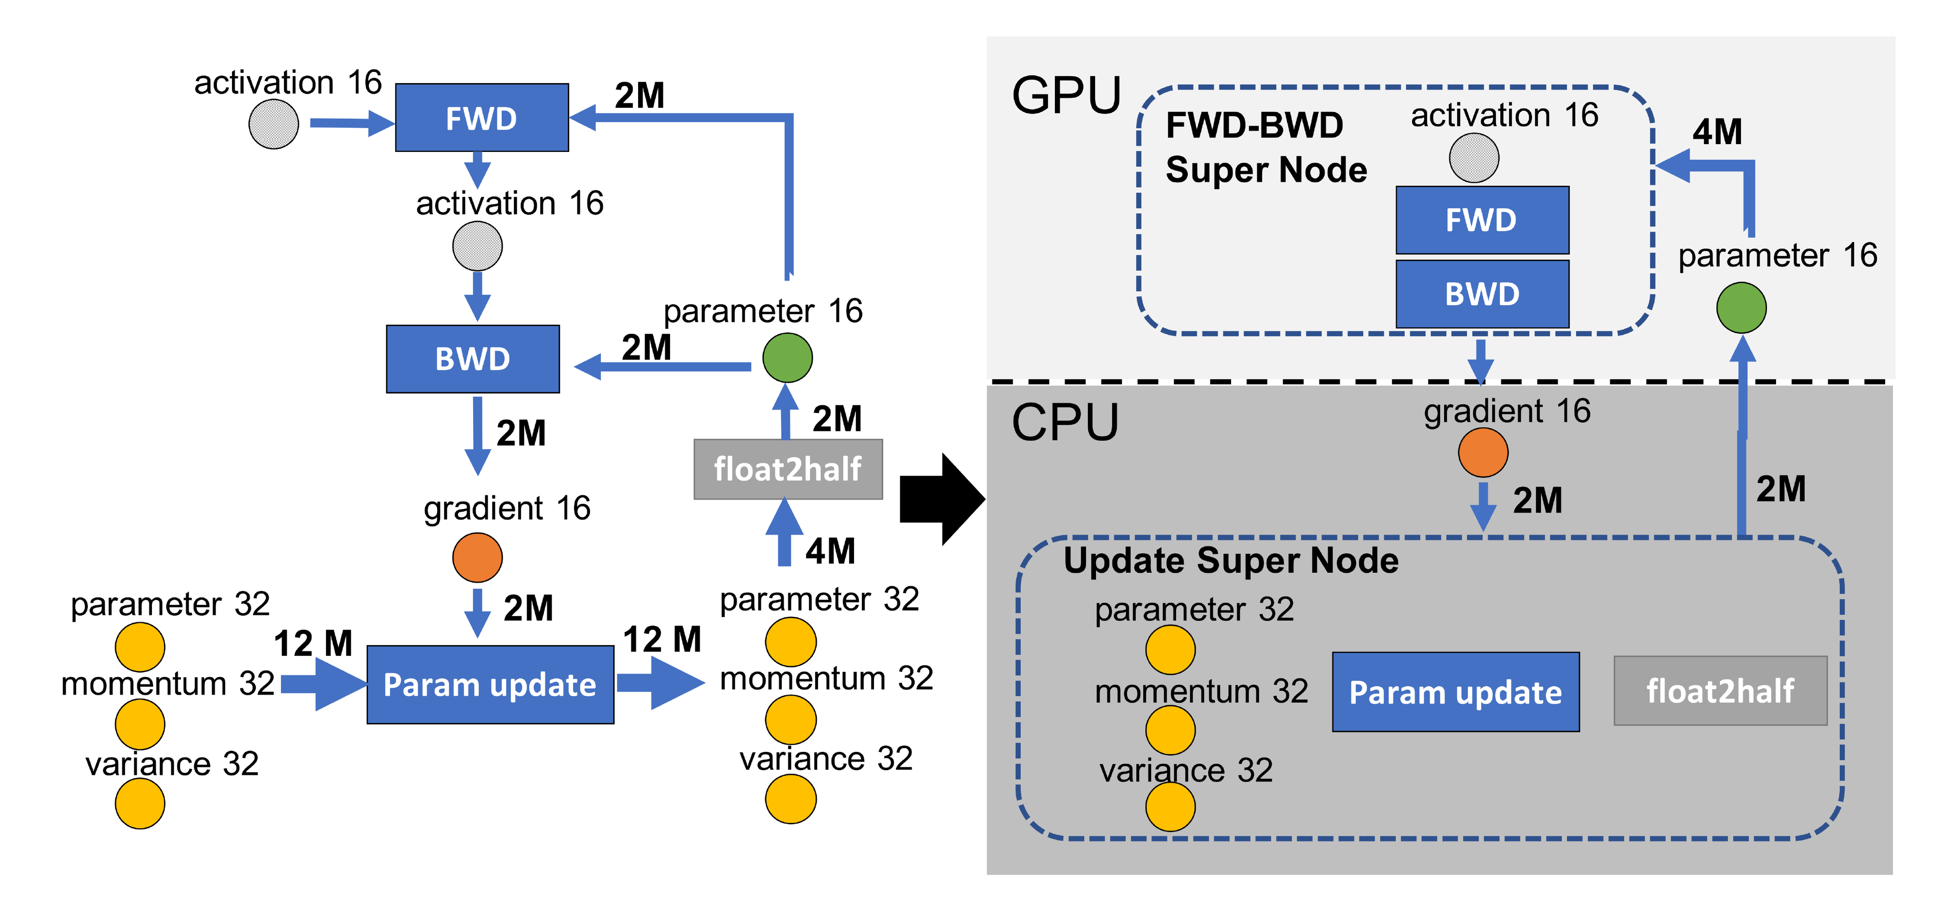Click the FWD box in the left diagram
(x=481, y=117)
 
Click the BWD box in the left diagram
(x=473, y=359)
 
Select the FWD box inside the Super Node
(x=1481, y=220)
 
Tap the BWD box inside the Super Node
(x=1481, y=294)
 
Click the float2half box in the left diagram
(x=788, y=469)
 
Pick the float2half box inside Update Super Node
(x=1719, y=691)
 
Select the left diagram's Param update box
(x=490, y=684)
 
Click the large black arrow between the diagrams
(x=942, y=499)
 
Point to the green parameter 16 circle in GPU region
(x=1741, y=308)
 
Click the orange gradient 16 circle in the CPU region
(x=1482, y=452)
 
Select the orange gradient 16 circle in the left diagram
(x=477, y=557)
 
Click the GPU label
(x=1066, y=96)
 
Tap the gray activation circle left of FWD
(x=274, y=124)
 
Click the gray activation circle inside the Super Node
(x=1473, y=158)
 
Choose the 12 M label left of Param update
(x=313, y=643)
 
